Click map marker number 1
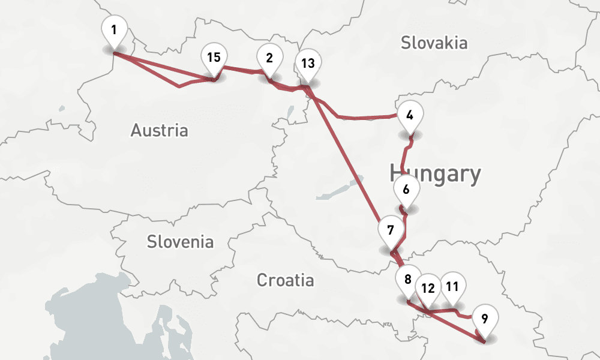114,29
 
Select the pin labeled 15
214,58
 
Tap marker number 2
269,58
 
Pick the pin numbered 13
308,64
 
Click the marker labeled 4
410,115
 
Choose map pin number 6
406,190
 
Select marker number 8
408,280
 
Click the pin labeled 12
428,288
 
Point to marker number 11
452,286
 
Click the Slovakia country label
434,43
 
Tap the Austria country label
159,130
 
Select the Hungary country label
435,174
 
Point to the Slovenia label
180,242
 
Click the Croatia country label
285,280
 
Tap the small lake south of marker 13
291,112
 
